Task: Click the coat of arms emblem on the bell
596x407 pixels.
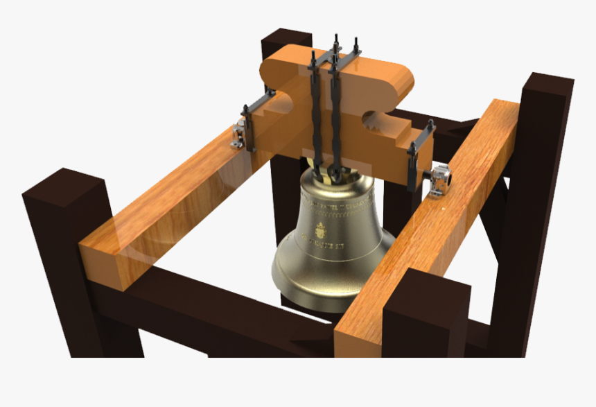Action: point(319,229)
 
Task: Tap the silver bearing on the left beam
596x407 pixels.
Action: point(240,134)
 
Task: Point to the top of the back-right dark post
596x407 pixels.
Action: point(548,83)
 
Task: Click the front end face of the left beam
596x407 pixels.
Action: point(105,264)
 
